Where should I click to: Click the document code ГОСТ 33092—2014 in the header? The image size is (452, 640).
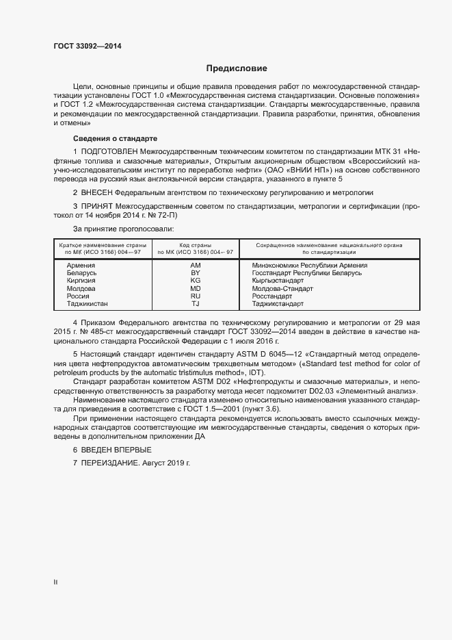[x=88, y=47]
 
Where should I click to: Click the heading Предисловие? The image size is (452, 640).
[x=237, y=68]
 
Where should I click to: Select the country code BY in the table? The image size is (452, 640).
[x=195, y=272]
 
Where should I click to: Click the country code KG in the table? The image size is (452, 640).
[x=195, y=281]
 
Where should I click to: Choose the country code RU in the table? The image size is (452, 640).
[x=195, y=296]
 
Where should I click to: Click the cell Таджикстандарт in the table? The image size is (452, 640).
[x=278, y=303]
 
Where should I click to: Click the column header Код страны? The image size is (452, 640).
[x=195, y=245]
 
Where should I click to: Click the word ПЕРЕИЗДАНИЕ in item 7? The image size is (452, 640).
[x=110, y=463]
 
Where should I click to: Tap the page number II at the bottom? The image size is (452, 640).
[x=55, y=583]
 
